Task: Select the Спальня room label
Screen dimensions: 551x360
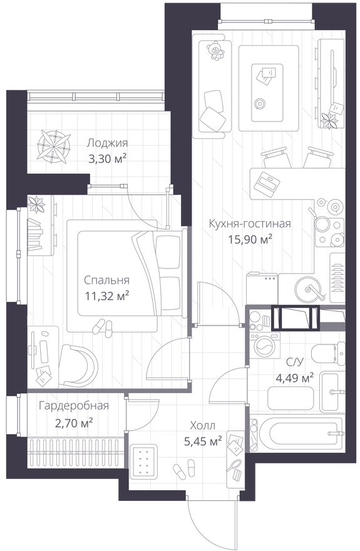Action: (107, 280)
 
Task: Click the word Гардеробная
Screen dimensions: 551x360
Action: (73, 406)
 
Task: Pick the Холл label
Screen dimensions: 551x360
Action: (202, 425)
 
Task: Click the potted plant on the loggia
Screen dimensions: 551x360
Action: (52, 146)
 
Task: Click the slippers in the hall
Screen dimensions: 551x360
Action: (183, 468)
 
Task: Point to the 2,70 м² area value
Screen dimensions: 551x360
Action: (73, 423)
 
